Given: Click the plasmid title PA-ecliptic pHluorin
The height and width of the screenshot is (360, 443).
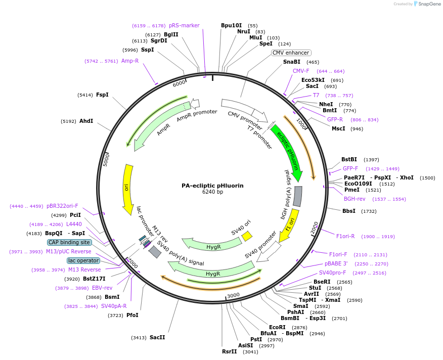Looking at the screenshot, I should pyautogui.click(x=212, y=186).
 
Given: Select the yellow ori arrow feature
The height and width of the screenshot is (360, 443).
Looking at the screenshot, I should pyautogui.click(x=127, y=190).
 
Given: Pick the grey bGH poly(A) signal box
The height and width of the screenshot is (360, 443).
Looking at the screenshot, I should pyautogui.click(x=298, y=196).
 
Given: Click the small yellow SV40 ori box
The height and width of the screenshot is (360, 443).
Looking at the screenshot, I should pyautogui.click(x=247, y=236).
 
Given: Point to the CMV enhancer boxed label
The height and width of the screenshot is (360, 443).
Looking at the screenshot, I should pyautogui.click(x=291, y=53).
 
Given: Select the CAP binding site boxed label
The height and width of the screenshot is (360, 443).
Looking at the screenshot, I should pyautogui.click(x=70, y=242).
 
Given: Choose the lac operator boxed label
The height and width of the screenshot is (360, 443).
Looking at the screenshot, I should pyautogui.click(x=83, y=260).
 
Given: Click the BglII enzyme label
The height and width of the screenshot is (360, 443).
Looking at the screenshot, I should pyautogui.click(x=171, y=34).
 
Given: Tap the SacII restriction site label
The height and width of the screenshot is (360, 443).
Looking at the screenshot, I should pyautogui.click(x=157, y=337).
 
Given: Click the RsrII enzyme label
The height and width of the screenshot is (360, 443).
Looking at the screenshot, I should pyautogui.click(x=229, y=351).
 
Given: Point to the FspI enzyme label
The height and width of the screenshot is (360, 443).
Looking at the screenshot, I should pyautogui.click(x=102, y=95).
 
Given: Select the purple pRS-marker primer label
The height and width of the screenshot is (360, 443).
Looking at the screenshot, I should pyautogui.click(x=184, y=25).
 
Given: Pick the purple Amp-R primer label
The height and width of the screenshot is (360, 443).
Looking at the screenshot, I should pyautogui.click(x=130, y=61).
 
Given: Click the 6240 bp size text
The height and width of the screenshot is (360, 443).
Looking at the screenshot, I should pyautogui.click(x=212, y=192).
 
